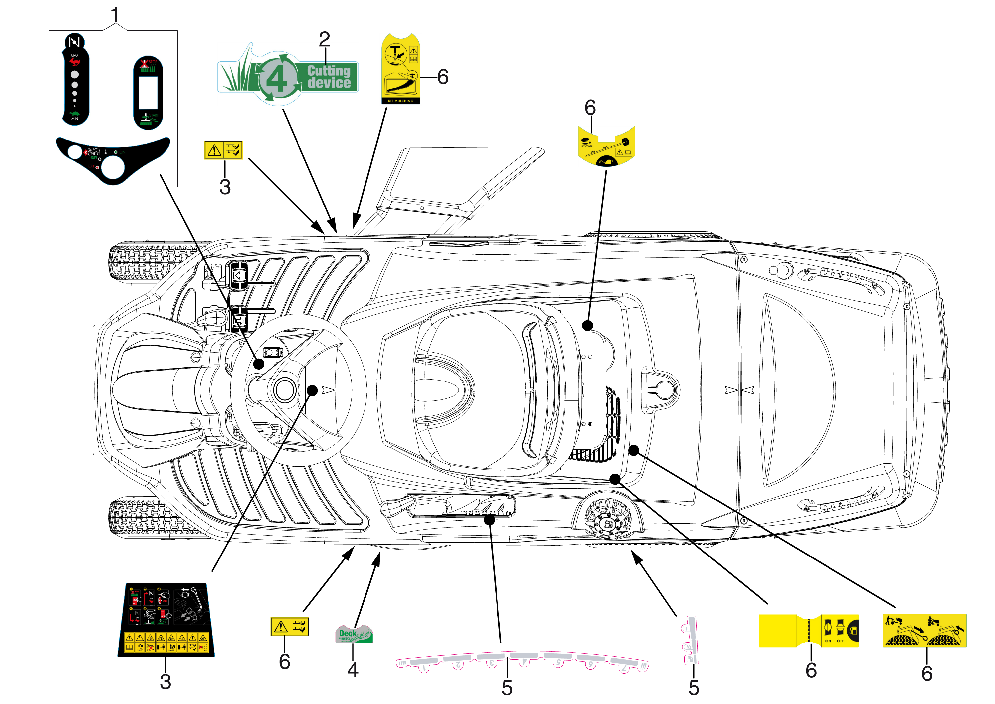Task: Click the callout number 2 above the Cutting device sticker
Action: [324, 40]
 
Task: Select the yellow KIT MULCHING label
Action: [400, 69]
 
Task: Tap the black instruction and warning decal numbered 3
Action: [166, 620]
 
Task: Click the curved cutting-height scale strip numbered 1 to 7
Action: [522, 662]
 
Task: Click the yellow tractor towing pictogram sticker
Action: [924, 630]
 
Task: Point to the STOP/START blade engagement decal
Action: [148, 93]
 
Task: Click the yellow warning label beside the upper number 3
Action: [223, 150]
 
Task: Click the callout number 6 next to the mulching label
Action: [443, 77]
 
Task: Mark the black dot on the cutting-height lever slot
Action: [489, 520]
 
